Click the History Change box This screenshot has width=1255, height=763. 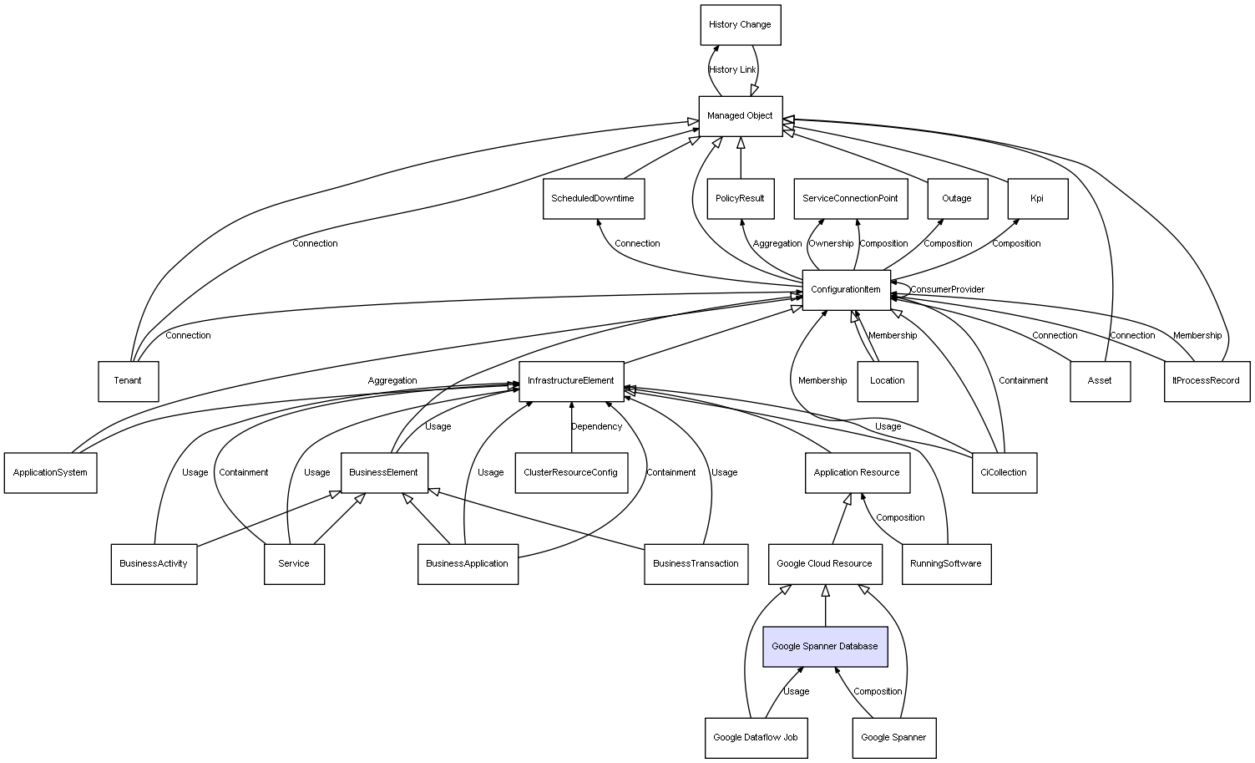pyautogui.click(x=740, y=25)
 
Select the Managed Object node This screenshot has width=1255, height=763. pyautogui.click(x=740, y=116)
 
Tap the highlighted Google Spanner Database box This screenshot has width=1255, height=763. pyautogui.click(x=825, y=647)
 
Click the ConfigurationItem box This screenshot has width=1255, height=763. pyautogui.click(x=846, y=290)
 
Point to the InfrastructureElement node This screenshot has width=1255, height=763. pyautogui.click(x=571, y=381)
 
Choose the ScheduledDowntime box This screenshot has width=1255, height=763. pyautogui.click(x=593, y=199)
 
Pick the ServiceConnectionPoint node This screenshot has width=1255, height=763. pyautogui.click(x=850, y=199)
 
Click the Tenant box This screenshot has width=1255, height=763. pyautogui.click(x=128, y=381)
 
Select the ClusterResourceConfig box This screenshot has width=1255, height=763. pyautogui.click(x=571, y=473)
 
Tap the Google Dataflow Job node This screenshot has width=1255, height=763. pyautogui.click(x=756, y=738)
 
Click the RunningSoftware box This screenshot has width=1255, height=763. pyautogui.click(x=946, y=564)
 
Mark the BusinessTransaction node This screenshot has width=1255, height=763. pyautogui.click(x=696, y=564)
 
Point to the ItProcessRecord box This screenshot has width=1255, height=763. pyautogui.click(x=1207, y=381)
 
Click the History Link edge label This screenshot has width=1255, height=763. pyautogui.click(x=732, y=70)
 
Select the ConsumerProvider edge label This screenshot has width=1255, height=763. pyautogui.click(x=948, y=290)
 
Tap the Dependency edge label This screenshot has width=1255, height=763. pyautogui.click(x=597, y=427)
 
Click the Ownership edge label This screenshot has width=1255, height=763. pyautogui.click(x=832, y=244)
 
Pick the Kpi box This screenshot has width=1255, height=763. pyautogui.click(x=1037, y=199)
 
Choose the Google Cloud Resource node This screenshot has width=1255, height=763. pyautogui.click(x=824, y=564)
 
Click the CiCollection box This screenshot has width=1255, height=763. pyautogui.click(x=1004, y=473)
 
